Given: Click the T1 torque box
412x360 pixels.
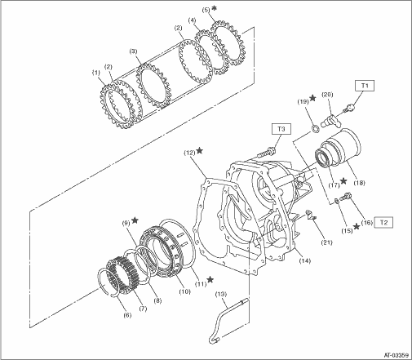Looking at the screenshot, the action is pos(365,86).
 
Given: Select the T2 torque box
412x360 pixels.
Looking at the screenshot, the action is pos(383,222).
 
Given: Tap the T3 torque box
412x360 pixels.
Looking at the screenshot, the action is pos(281,129).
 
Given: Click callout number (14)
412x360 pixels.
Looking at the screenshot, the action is pos(304,260).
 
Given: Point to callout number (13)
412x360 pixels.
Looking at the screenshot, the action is pos(221,294).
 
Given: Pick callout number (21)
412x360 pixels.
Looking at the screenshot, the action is pos(326,242).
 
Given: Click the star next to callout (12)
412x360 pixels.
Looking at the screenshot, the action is pos(200,150).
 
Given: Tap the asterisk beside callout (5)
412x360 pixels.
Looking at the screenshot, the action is pos(215,8).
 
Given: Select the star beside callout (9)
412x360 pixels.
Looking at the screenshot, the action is pos(135,220).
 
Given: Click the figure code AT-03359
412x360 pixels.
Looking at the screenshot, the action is pos(396,355).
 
